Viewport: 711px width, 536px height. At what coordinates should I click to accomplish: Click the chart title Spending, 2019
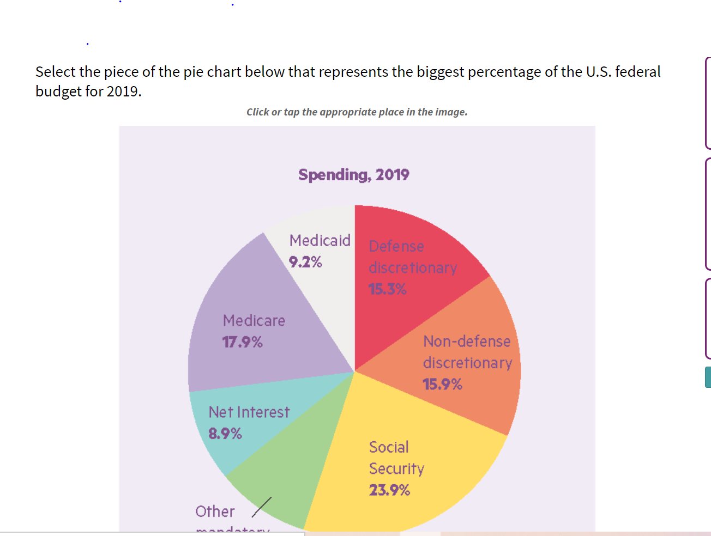353,175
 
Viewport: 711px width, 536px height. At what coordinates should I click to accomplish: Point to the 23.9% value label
389,490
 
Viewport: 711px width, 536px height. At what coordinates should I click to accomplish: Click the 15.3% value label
387,289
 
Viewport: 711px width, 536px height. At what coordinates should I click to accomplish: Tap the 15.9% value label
442,385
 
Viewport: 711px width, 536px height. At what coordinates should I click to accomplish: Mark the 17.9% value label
242,342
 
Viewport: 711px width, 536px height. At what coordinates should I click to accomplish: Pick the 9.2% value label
305,262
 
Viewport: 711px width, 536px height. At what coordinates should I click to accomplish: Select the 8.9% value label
225,434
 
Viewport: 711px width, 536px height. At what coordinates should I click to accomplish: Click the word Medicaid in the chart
320,240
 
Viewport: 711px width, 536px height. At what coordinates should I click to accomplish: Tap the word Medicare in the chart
254,320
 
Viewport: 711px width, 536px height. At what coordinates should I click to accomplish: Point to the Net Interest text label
249,412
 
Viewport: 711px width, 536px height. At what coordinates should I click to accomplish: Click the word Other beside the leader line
215,511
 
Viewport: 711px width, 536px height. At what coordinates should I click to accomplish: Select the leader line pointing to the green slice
262,507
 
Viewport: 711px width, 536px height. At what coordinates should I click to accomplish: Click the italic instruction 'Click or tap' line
357,112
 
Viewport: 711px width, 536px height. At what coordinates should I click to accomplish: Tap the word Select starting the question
56,72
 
